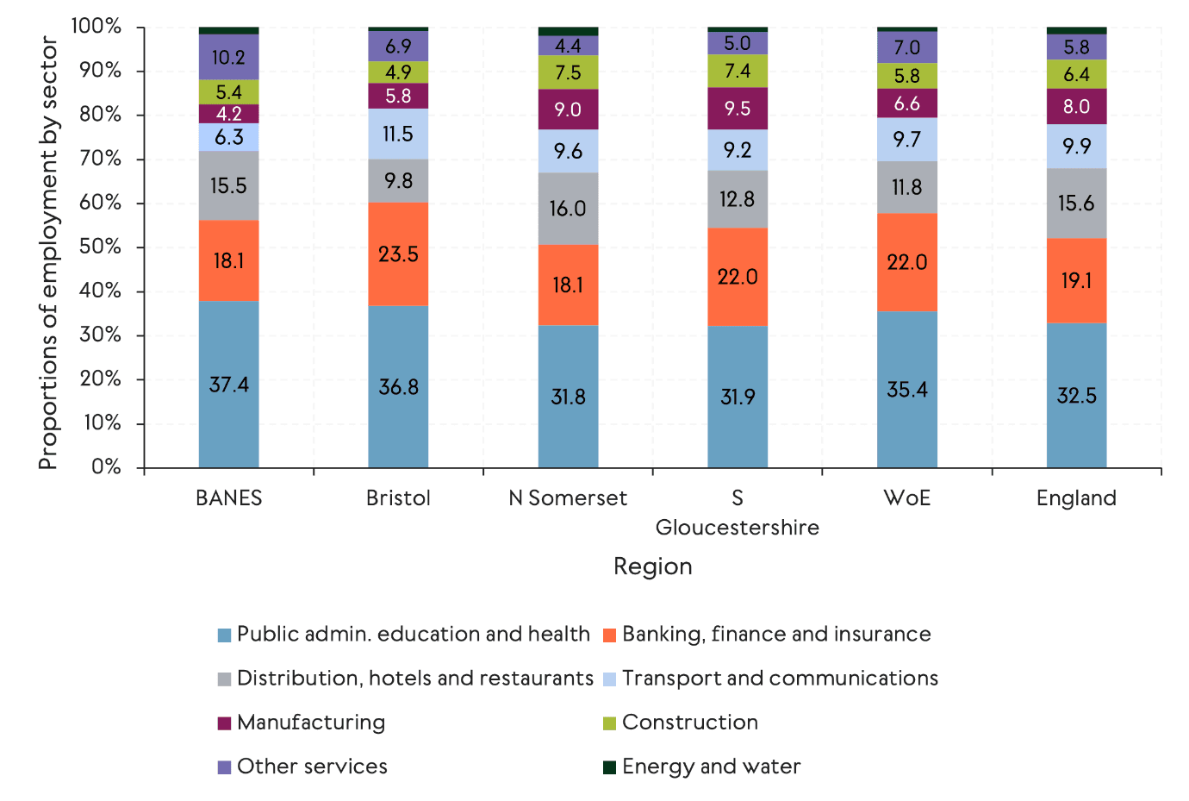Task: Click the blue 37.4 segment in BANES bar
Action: (x=228, y=385)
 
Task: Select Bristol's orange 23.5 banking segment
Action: (x=398, y=254)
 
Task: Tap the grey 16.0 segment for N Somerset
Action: (x=568, y=209)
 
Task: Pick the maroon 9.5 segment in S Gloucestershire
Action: (x=738, y=109)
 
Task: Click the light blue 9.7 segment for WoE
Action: (x=907, y=140)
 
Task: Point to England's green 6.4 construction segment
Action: (x=1076, y=74)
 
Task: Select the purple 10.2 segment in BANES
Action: (x=228, y=57)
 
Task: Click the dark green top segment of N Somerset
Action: (x=568, y=31)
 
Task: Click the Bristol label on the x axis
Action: (x=398, y=497)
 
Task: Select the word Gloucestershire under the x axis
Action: (x=738, y=527)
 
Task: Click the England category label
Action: (x=1076, y=497)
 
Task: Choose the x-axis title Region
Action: (x=652, y=566)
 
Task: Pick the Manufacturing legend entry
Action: (x=310, y=723)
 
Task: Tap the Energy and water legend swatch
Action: (x=609, y=767)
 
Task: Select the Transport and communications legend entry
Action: (x=779, y=679)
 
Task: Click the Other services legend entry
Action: (x=311, y=767)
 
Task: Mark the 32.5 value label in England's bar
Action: (x=1076, y=396)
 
